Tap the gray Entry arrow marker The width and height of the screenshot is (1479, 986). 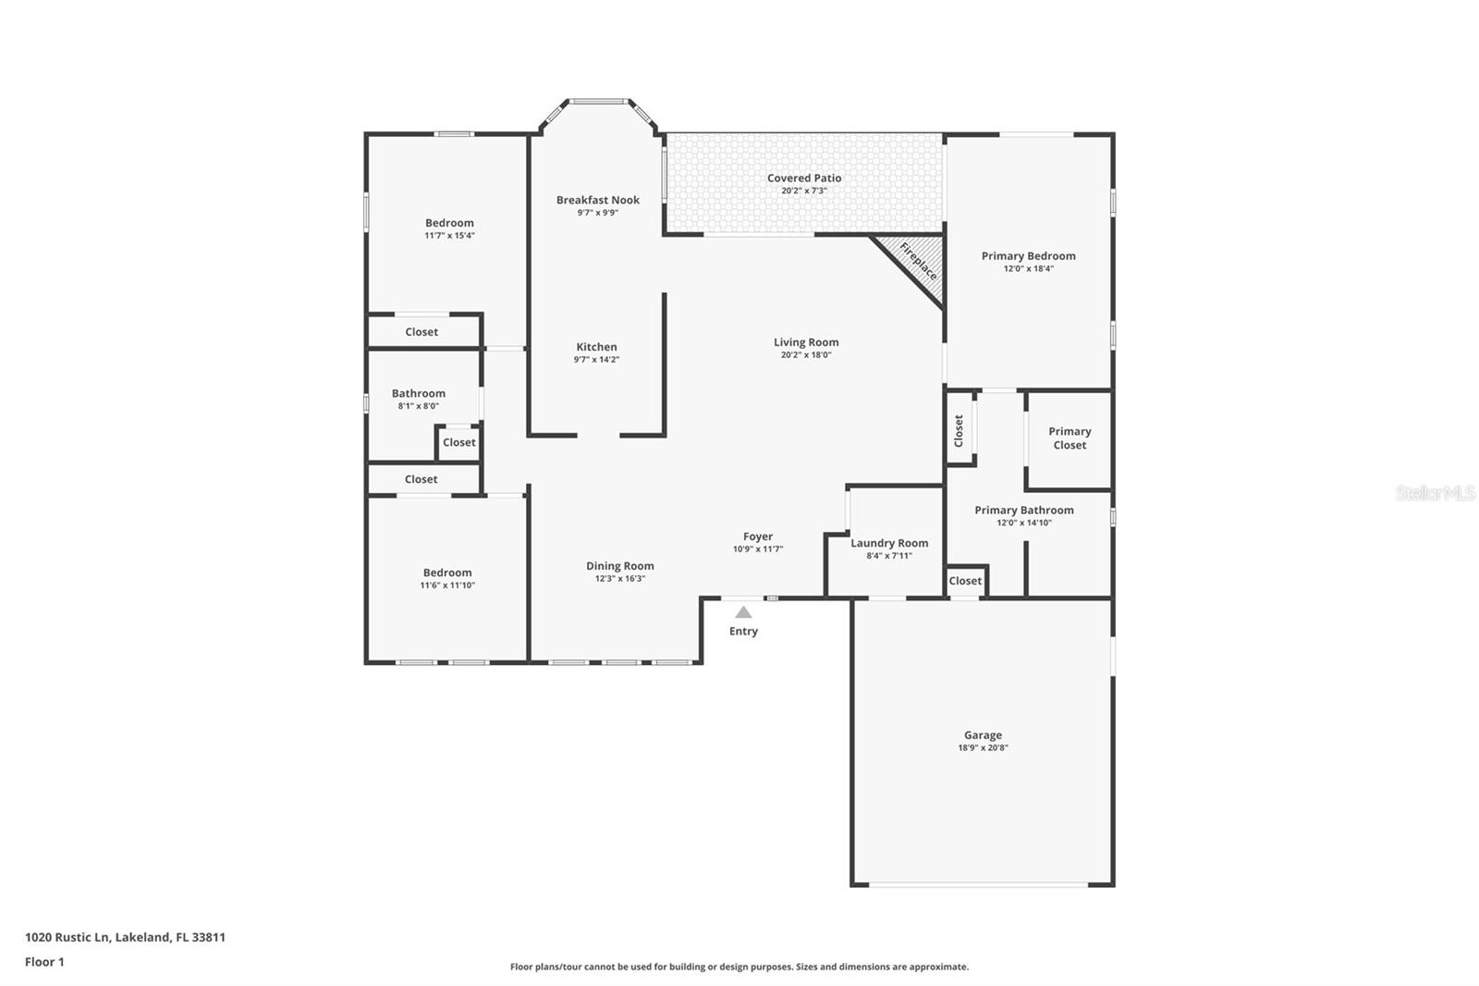(743, 612)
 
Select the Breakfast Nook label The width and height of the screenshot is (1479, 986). (597, 200)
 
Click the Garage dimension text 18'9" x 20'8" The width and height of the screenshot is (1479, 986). (983, 748)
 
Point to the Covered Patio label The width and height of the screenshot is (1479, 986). (803, 178)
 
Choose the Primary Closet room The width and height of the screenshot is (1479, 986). (1070, 438)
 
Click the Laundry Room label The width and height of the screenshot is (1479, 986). (889, 543)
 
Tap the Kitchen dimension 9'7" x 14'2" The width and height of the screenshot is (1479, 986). (596, 360)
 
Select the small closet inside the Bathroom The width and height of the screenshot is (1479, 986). (458, 442)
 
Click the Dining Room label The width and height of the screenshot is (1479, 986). (619, 566)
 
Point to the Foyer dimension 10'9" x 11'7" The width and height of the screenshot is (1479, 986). (758, 549)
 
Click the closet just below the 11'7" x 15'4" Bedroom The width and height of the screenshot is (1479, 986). (422, 332)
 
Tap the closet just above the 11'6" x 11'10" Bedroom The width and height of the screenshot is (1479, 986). (421, 479)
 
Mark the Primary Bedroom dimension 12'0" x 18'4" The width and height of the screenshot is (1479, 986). (1028, 269)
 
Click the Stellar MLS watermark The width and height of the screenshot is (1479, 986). (1435, 493)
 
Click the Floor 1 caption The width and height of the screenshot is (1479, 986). (44, 962)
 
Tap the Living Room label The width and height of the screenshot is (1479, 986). (806, 342)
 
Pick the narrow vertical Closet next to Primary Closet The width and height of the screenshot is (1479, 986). (960, 430)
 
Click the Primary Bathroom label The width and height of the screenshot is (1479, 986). (1023, 510)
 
